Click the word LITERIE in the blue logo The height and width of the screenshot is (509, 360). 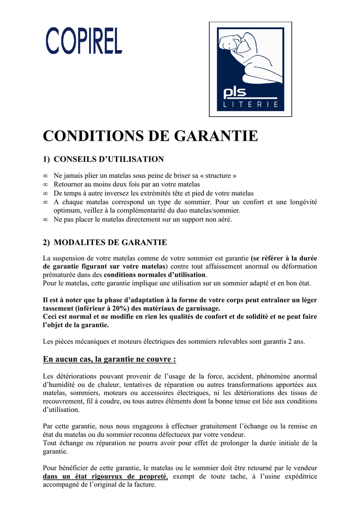(250, 105)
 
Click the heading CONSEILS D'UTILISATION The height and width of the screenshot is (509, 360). (108, 159)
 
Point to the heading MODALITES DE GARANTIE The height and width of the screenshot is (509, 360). (110, 243)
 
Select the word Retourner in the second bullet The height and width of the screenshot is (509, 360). (70, 184)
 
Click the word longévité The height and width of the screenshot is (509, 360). (301, 202)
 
